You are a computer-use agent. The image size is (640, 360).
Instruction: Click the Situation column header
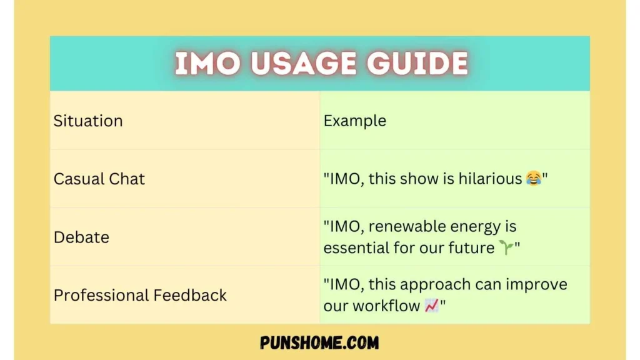88,121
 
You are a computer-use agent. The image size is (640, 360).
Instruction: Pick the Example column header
354,121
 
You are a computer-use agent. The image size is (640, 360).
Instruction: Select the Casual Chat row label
99,179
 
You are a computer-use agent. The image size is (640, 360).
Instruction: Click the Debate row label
81,237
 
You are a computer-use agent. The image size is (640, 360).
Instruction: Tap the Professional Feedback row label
140,295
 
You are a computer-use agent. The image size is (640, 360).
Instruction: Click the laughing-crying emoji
533,179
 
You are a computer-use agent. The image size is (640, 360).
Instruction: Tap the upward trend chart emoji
431,306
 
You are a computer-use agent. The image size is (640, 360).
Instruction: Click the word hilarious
490,179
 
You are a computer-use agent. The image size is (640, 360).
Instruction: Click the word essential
354,247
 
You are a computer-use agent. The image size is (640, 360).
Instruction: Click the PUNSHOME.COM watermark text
319,342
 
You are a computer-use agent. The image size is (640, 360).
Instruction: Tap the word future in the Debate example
472,247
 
